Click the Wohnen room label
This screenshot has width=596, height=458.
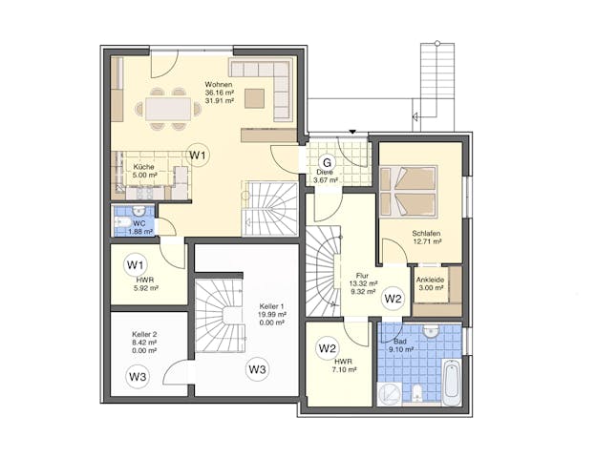point(219,84)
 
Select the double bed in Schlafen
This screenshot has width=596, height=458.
point(409,192)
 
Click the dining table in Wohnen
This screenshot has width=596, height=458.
point(168,109)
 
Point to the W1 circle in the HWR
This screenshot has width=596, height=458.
point(136,264)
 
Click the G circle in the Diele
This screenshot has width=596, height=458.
point(327,163)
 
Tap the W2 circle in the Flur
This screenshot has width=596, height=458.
point(393,299)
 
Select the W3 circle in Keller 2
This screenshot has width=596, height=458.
point(138,377)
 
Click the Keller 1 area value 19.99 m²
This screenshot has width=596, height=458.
point(272,315)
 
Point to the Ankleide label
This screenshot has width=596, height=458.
point(430,280)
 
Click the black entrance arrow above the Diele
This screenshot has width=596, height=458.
point(352,132)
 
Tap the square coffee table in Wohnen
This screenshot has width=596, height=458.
point(254,98)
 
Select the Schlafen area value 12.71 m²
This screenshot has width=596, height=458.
point(427,241)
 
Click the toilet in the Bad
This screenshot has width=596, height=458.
point(417,393)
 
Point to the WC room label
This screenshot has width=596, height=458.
point(139,223)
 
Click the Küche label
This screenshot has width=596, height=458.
point(143,167)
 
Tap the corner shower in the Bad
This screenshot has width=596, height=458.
point(390,394)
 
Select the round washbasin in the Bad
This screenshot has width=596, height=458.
point(430,331)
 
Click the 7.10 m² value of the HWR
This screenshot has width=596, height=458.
point(345,369)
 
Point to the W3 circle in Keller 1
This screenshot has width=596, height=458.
point(257,368)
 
